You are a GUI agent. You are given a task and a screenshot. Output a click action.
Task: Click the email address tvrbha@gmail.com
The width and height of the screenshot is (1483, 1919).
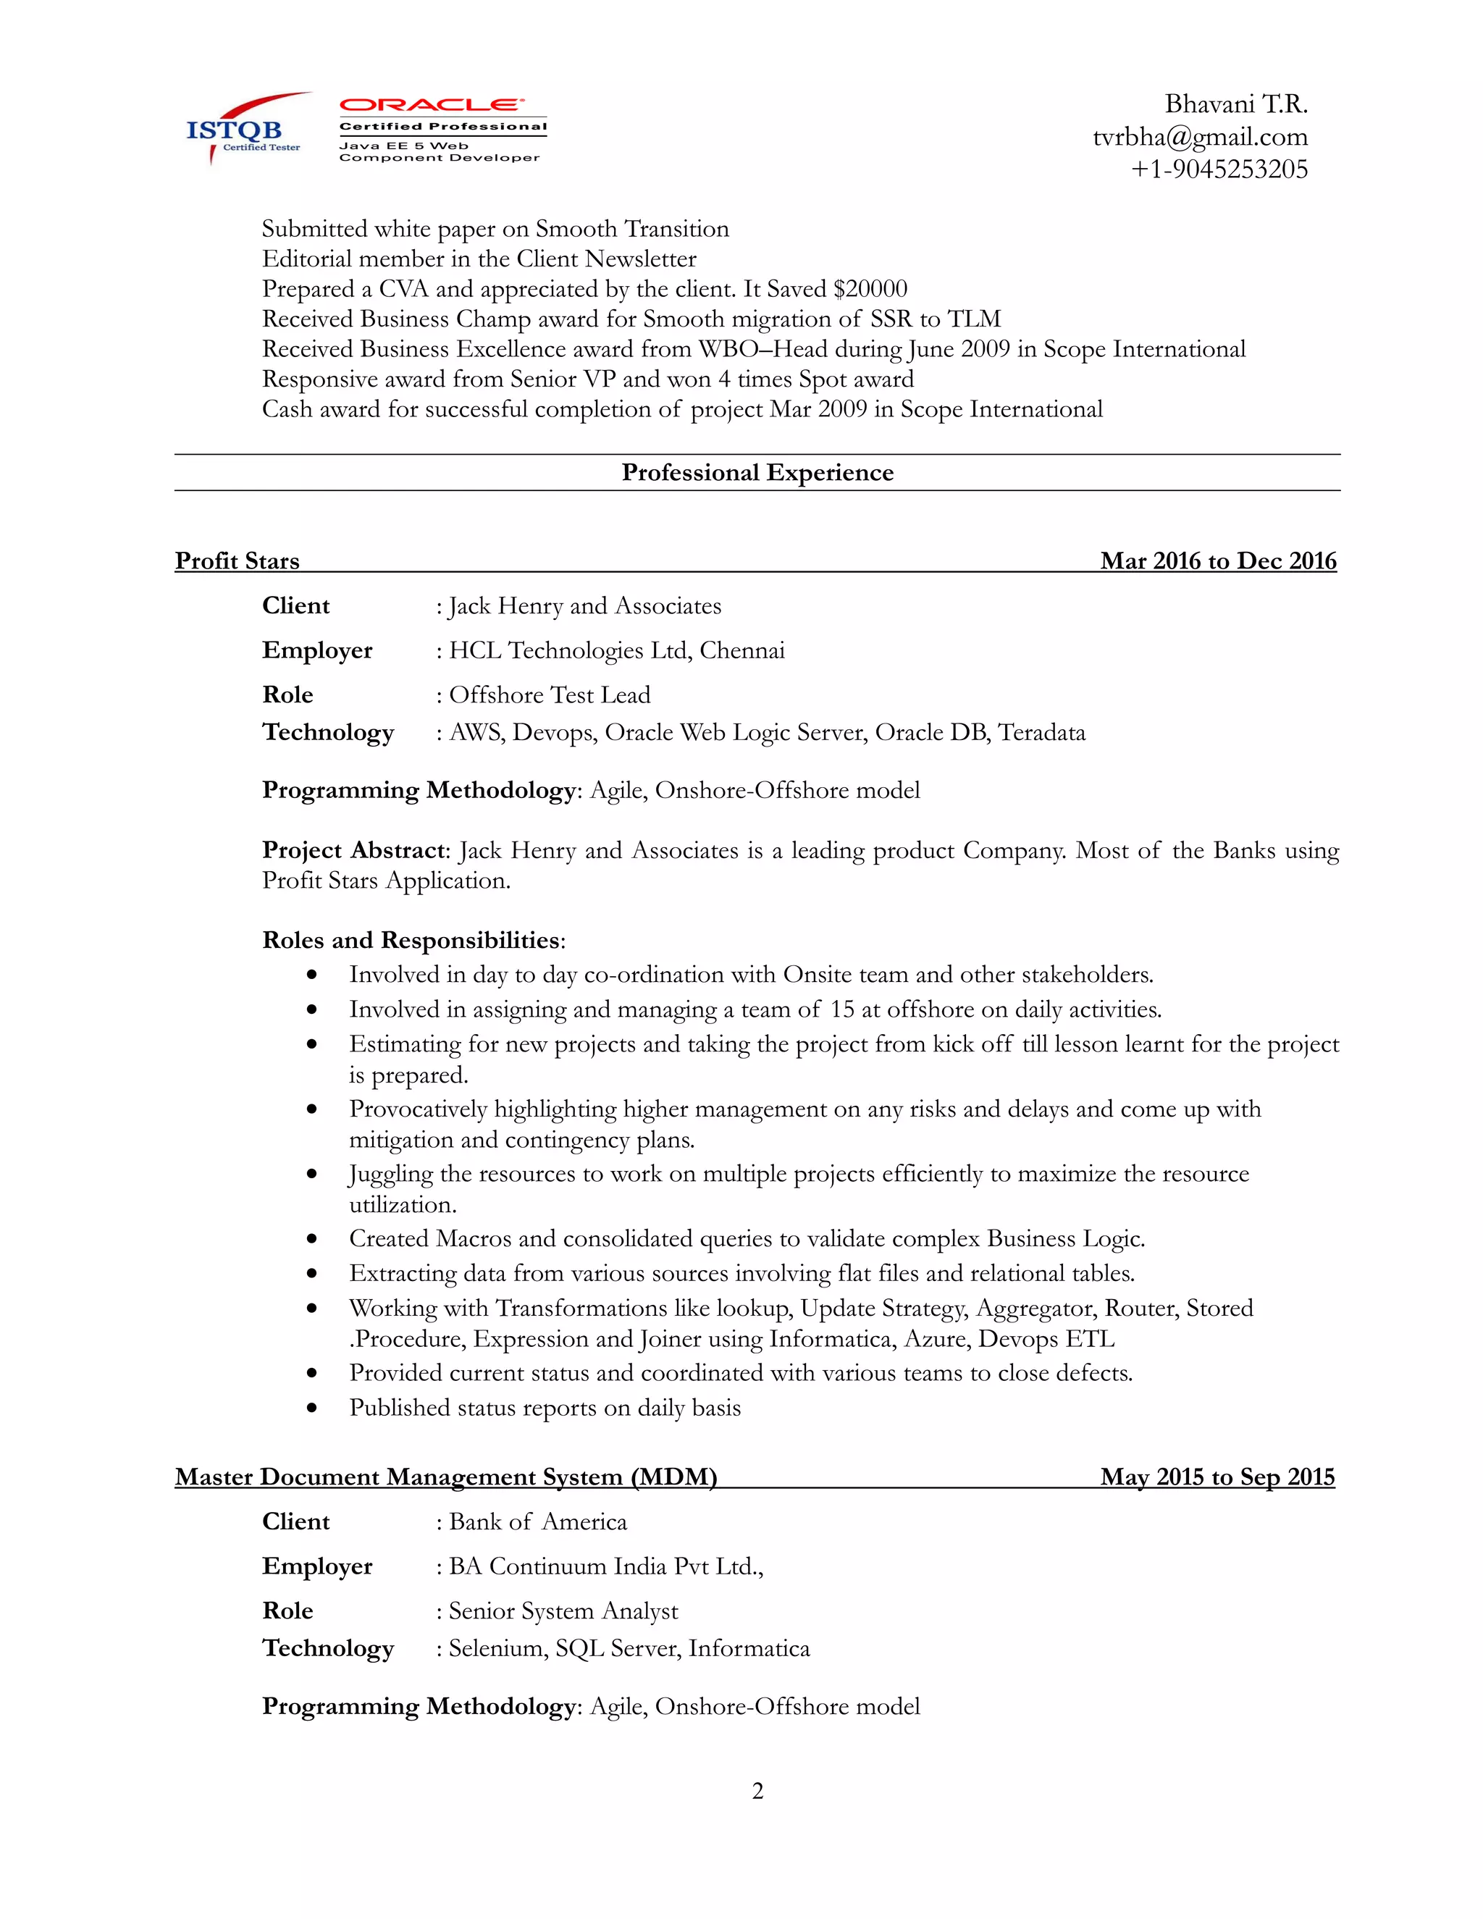(x=1199, y=137)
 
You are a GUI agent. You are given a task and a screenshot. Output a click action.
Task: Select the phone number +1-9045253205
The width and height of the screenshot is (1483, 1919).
(x=1219, y=169)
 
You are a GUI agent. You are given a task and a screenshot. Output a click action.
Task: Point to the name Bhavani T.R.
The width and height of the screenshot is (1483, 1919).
(x=1235, y=104)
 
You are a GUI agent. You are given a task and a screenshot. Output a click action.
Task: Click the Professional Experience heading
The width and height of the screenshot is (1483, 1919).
(x=757, y=473)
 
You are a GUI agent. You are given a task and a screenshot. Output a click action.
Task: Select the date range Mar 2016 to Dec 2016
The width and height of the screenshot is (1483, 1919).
(x=1218, y=560)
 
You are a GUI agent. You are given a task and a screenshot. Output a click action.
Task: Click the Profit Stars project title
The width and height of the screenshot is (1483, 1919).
(x=238, y=560)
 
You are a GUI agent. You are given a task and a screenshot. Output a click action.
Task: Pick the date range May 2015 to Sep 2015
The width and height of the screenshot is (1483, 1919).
(x=1217, y=1477)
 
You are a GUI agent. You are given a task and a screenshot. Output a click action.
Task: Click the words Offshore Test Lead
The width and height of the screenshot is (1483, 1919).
(x=550, y=695)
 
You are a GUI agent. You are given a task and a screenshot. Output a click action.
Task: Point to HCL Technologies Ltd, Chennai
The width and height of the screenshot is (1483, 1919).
(x=617, y=651)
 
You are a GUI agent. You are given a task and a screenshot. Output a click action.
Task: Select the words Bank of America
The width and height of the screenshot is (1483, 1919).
(x=538, y=1522)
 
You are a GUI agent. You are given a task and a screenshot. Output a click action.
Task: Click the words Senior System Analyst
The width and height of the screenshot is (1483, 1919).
(x=563, y=1611)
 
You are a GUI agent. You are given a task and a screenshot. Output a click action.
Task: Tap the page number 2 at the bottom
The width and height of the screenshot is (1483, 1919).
(x=757, y=1791)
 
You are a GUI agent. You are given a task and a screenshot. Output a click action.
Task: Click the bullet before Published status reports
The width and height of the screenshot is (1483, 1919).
(x=312, y=1408)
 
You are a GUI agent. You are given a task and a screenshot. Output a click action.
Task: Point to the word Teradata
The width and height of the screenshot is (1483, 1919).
(x=1042, y=733)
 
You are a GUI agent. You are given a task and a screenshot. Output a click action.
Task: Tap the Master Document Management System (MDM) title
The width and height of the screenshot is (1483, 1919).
(x=446, y=1477)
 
